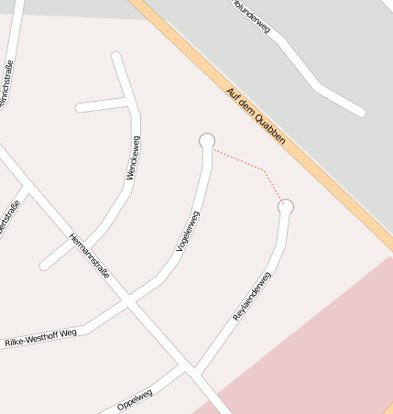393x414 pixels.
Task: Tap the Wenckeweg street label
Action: click(x=133, y=158)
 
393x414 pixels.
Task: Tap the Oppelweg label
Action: click(x=135, y=399)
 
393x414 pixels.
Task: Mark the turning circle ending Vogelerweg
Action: click(x=207, y=140)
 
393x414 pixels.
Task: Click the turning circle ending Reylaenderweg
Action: click(x=286, y=207)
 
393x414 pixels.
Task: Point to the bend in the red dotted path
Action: click(x=264, y=169)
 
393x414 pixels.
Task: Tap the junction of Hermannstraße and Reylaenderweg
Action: click(x=194, y=371)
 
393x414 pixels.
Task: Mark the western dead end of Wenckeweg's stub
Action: click(x=80, y=108)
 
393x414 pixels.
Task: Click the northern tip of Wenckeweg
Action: click(x=116, y=57)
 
